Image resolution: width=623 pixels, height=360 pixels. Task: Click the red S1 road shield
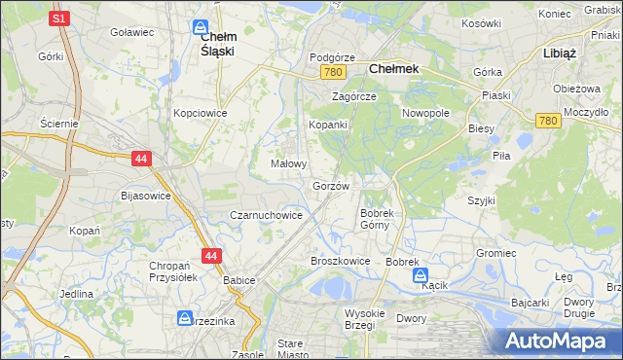coord(59,18)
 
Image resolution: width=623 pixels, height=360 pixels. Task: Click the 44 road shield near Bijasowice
coord(141,158)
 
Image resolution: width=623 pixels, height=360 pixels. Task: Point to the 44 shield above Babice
coord(211,255)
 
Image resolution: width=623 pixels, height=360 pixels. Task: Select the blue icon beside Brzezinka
coord(184,317)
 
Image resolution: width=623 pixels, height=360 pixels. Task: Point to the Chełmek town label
coord(393,68)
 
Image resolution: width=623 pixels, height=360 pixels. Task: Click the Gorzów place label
coord(331,185)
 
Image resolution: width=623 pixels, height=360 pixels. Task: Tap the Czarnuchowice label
coord(265,215)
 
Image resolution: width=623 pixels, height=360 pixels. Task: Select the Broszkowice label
coord(340,261)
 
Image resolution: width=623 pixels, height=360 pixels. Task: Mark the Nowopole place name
coord(425,113)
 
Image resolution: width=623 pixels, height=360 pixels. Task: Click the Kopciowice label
coord(200,113)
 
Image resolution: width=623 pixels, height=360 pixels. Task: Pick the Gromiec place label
coord(496,252)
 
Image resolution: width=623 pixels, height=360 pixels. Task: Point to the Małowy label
coord(289,163)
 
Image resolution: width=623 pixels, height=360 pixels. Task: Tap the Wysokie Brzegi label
coord(367,320)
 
